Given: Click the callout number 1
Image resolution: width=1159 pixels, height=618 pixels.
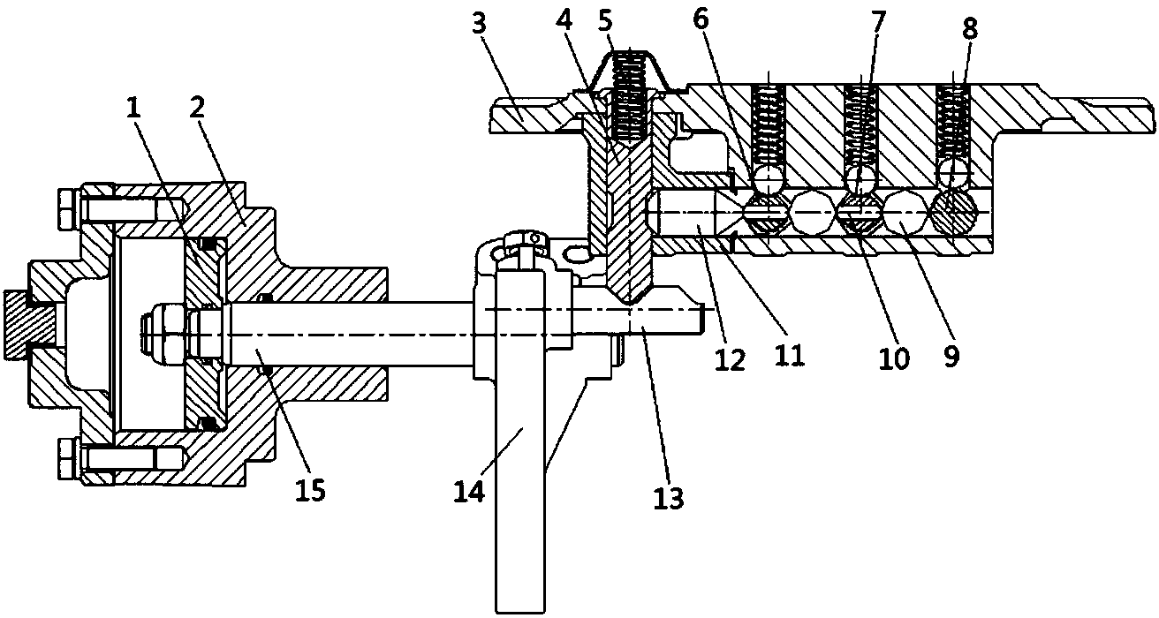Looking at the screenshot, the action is pyautogui.click(x=134, y=109).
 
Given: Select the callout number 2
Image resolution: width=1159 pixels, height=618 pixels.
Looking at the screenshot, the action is pyautogui.click(x=197, y=109).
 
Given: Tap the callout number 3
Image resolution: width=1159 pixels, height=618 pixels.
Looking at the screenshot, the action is pyautogui.click(x=479, y=25).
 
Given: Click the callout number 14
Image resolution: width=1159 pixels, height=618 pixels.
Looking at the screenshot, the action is pyautogui.click(x=469, y=490).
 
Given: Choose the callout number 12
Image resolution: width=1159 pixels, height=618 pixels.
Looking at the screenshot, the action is pyautogui.click(x=731, y=358).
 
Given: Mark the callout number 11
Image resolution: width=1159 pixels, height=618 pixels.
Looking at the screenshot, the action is pyautogui.click(x=789, y=354).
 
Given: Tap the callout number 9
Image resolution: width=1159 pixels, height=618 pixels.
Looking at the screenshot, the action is pyautogui.click(x=951, y=355).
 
